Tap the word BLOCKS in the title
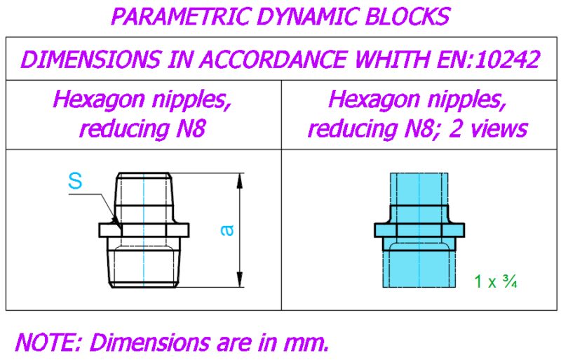[x=407, y=16]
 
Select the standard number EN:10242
[x=488, y=60]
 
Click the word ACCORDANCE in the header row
[x=272, y=60]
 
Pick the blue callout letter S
[x=75, y=181]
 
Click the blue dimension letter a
[x=227, y=230]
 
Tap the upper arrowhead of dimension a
[x=240, y=181]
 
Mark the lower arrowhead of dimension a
[x=240, y=279]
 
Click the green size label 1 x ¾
[x=496, y=281]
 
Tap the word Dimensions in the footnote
[x=149, y=342]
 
